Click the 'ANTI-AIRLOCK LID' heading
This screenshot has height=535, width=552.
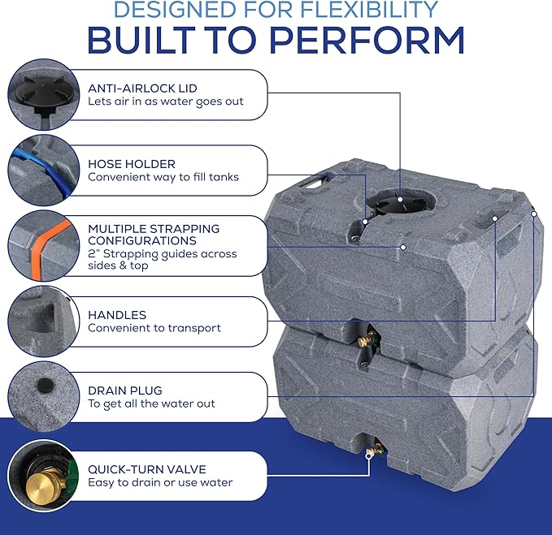pos(142,88)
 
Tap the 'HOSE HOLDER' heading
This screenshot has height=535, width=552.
pos(132,164)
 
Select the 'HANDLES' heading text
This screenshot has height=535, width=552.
pos(117,315)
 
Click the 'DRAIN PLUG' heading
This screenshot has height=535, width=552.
pos(125,390)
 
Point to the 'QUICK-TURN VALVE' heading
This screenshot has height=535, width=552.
pos(147,469)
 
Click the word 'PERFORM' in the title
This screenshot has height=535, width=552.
pos(367,40)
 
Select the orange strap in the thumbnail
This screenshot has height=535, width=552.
pos(52,248)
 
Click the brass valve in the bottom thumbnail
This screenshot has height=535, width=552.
pos(45,486)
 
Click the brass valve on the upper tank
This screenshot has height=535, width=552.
pos(367,339)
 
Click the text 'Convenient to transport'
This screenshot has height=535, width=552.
pos(154,328)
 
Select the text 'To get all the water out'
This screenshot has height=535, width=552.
pos(151,403)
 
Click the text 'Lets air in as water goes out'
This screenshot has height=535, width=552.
pos(166,101)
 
